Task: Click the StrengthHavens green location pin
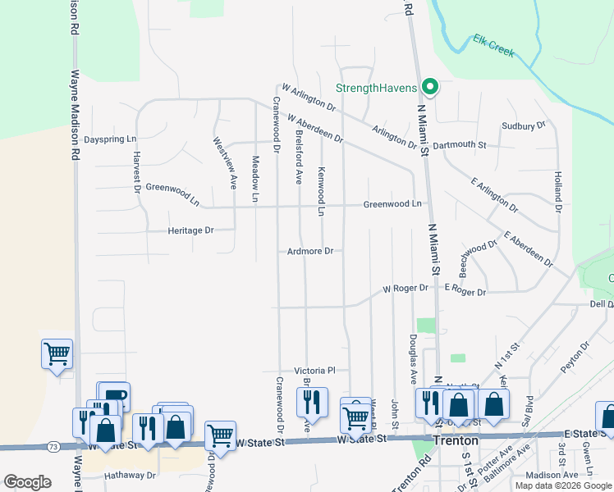tap(429, 87)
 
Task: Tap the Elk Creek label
tap(493, 45)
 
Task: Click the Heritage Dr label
tap(190, 230)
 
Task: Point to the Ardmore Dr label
tap(309, 251)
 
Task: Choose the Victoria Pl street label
tap(321, 371)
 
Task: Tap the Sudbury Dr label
tap(524, 126)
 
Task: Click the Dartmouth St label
tap(460, 144)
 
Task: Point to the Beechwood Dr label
tap(479, 257)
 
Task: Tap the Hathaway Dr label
tap(129, 475)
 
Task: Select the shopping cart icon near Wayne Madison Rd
tap(57, 355)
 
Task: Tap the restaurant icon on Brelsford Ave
tap(312, 402)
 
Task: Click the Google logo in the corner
tap(27, 482)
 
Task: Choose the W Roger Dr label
tap(406, 288)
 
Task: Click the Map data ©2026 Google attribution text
tap(562, 485)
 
